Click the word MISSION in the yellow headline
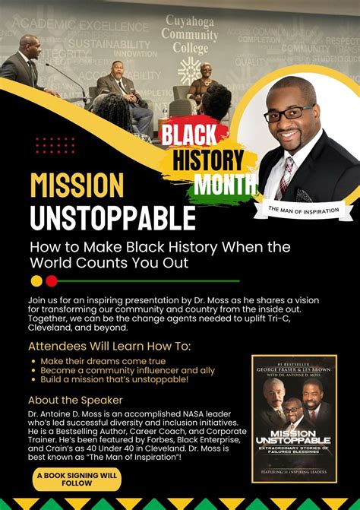click(77, 186)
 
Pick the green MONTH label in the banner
click(225, 184)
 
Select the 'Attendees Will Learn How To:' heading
click(109, 347)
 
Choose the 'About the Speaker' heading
click(74, 400)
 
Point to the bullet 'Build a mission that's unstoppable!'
click(115, 379)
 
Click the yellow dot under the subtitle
click(36, 280)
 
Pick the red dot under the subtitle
click(52, 280)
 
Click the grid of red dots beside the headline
click(55, 145)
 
